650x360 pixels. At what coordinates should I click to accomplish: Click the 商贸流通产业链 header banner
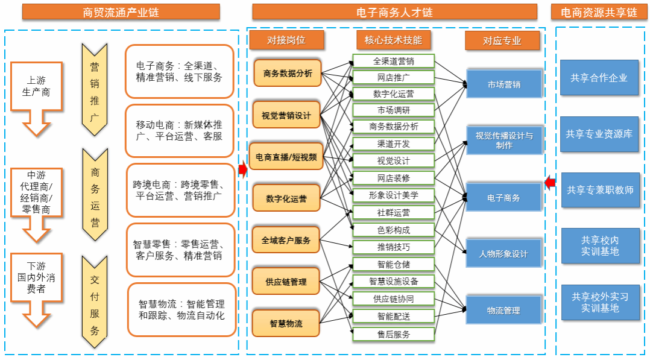(x=121, y=11)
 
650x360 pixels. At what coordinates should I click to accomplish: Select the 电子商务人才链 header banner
(x=394, y=11)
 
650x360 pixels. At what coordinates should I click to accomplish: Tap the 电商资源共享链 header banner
(x=599, y=11)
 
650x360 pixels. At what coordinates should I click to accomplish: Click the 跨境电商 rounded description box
(x=180, y=189)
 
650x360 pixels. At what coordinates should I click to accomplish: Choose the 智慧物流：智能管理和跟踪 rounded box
(x=181, y=309)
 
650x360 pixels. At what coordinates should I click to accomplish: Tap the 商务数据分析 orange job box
(x=288, y=73)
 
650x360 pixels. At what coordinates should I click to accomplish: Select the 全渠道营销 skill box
(x=393, y=61)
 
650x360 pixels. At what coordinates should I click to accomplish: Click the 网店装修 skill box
(x=393, y=178)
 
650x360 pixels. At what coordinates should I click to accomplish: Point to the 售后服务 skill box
(x=393, y=334)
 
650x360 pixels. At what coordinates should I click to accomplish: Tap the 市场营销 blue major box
(x=504, y=84)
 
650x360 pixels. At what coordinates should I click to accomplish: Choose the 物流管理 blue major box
(x=503, y=311)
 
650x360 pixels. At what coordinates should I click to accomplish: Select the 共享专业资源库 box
(x=599, y=133)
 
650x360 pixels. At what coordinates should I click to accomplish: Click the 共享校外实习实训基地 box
(x=600, y=302)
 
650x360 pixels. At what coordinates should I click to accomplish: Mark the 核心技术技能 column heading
(x=393, y=40)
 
